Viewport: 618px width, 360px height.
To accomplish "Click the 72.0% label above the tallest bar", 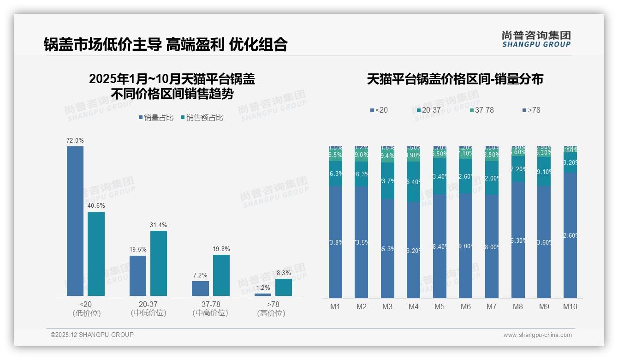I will coord(75,140).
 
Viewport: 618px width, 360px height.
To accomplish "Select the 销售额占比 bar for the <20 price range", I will coord(96,253).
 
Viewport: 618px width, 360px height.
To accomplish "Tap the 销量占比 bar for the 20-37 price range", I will coord(137,276).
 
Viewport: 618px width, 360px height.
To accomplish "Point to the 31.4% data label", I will coord(158,225).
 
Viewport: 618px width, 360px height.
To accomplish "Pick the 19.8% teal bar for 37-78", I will coord(221,275).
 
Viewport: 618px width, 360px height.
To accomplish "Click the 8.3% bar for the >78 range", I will coord(283,287).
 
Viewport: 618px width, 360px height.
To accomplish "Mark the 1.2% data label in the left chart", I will coord(263,288).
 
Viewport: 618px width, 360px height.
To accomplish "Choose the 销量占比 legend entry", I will coord(156,118).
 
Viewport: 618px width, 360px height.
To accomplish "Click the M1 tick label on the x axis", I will coord(335,306).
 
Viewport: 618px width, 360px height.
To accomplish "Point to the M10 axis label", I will coord(570,306).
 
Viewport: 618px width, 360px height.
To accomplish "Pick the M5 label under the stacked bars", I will coord(440,306).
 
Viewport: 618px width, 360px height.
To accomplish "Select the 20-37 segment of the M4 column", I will coord(414,181).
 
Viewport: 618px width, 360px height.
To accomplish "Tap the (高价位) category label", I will coord(271,313).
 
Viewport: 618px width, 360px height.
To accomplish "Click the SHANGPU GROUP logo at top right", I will coord(536,39).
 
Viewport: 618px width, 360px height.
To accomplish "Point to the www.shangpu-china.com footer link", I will coord(537,335).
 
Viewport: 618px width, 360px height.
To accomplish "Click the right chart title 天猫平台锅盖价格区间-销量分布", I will coord(455,79).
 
